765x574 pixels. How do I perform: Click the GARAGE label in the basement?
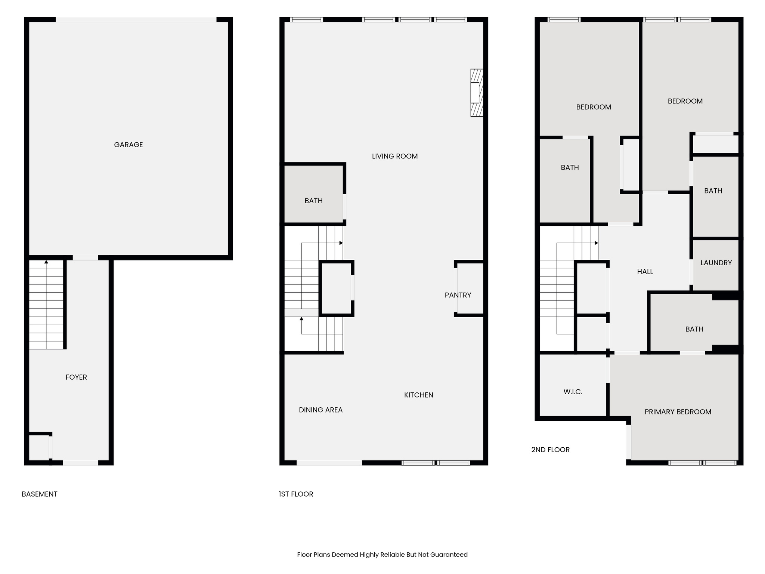(128, 145)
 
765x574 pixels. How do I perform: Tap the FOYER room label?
(76, 377)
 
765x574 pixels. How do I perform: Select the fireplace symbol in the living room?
(476, 93)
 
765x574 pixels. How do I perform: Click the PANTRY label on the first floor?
(458, 295)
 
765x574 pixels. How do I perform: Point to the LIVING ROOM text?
(394, 156)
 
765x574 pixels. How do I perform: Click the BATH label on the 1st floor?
(313, 201)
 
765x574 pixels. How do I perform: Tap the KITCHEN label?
(418, 395)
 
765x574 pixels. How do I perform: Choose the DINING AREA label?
(320, 410)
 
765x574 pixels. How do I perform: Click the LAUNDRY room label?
(716, 263)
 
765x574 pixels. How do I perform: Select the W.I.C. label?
(573, 392)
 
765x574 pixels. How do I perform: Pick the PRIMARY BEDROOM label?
(678, 412)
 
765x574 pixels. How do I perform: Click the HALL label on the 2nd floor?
(645, 272)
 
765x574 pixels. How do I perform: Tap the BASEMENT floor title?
(40, 494)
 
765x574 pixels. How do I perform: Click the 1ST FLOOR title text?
(296, 494)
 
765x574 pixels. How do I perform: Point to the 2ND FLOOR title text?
(550, 450)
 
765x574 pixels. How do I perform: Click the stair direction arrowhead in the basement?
(46, 262)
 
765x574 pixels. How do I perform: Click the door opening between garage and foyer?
(85, 257)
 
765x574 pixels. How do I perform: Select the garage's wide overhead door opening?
(136, 19)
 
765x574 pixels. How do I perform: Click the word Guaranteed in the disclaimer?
(449, 555)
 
